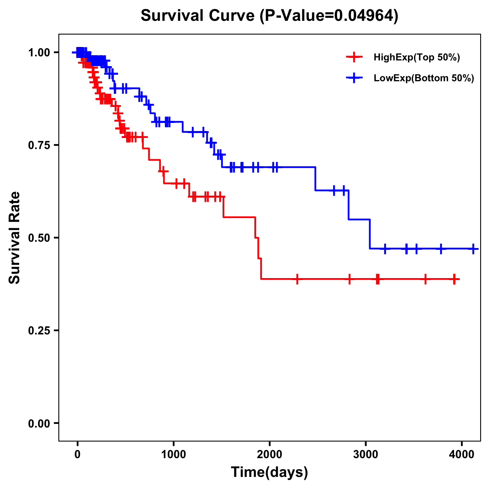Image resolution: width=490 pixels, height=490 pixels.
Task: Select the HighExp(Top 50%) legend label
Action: (x=416, y=58)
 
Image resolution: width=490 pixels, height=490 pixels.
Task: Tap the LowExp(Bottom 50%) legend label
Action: (x=424, y=78)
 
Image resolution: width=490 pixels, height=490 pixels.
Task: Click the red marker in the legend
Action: (x=354, y=58)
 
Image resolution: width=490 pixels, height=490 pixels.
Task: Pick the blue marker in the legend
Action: (x=354, y=78)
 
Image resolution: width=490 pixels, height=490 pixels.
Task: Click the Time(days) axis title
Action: (x=269, y=472)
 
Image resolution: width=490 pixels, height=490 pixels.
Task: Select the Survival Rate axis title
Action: (x=15, y=238)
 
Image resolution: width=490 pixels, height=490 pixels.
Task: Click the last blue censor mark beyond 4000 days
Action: (x=473, y=249)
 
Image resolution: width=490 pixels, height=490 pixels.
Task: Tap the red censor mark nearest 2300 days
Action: (x=297, y=279)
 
